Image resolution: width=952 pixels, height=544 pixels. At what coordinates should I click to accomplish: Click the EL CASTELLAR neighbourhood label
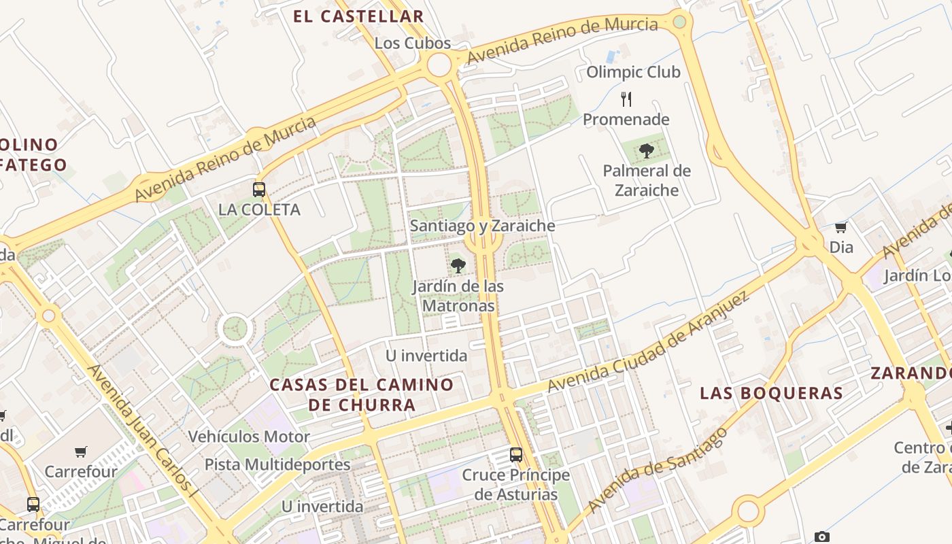(358, 17)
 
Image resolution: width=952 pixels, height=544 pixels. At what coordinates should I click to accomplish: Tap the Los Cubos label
(413, 44)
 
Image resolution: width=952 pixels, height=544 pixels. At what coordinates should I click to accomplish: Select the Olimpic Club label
(632, 72)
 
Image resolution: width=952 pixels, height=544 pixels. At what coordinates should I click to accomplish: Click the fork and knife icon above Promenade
(626, 99)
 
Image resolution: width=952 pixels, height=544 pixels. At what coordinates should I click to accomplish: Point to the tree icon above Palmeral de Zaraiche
(647, 150)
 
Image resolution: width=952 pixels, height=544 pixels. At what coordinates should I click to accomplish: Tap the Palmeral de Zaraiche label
(647, 180)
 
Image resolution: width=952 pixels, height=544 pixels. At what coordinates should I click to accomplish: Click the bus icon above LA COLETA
(259, 190)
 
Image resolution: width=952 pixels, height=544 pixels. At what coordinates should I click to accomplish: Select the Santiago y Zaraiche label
(482, 226)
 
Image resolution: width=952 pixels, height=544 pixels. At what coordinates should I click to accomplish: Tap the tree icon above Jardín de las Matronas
(458, 265)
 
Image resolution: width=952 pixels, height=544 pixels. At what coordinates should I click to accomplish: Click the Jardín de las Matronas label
(458, 296)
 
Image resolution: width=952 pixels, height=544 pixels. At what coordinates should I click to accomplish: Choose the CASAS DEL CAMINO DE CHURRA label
(361, 394)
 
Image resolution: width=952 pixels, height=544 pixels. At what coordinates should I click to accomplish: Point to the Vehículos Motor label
(249, 437)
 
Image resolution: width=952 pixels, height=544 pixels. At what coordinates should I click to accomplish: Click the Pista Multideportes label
(277, 465)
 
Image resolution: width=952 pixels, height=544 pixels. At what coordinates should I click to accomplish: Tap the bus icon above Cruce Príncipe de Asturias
(516, 454)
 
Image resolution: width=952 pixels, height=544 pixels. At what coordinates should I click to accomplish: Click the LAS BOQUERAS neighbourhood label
(771, 393)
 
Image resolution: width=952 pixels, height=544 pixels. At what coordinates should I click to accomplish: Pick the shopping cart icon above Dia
(841, 228)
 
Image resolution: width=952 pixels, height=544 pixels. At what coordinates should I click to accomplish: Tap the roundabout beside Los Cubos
(439, 65)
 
